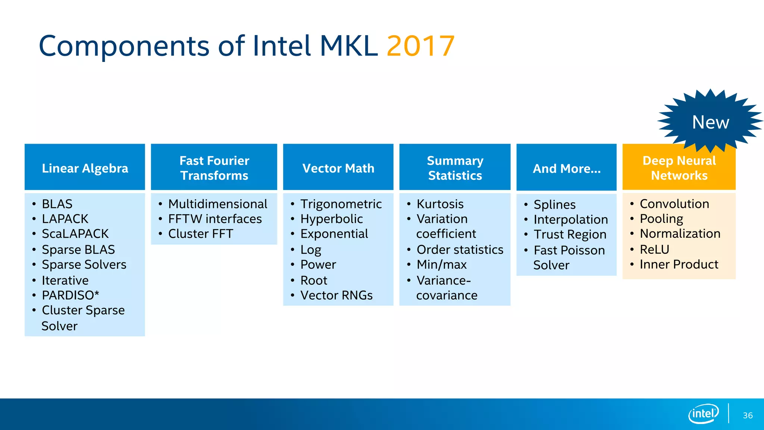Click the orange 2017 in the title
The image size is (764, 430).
coord(420,46)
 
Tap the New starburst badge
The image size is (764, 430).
coord(710,122)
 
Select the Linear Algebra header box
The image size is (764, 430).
coord(85,168)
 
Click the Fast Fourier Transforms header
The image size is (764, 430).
coord(214,168)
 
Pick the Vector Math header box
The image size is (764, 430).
coord(338,168)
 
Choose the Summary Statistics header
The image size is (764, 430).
coord(455,168)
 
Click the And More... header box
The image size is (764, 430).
coord(566,168)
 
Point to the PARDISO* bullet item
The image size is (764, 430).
coord(70,295)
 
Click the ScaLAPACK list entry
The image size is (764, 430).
coord(75,234)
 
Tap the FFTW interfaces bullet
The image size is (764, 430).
coord(215,219)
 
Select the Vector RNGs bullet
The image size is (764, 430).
coord(336,295)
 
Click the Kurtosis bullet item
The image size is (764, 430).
coord(440,204)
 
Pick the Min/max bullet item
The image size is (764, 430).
coord(441,264)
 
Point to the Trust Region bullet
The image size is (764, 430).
coord(570,234)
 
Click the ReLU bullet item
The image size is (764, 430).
coord(654,249)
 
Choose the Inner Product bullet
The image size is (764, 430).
coord(679,264)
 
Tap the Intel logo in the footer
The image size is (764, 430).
coord(703,414)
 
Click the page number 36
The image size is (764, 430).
coord(748,415)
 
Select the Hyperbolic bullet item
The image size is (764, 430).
coord(331,219)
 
